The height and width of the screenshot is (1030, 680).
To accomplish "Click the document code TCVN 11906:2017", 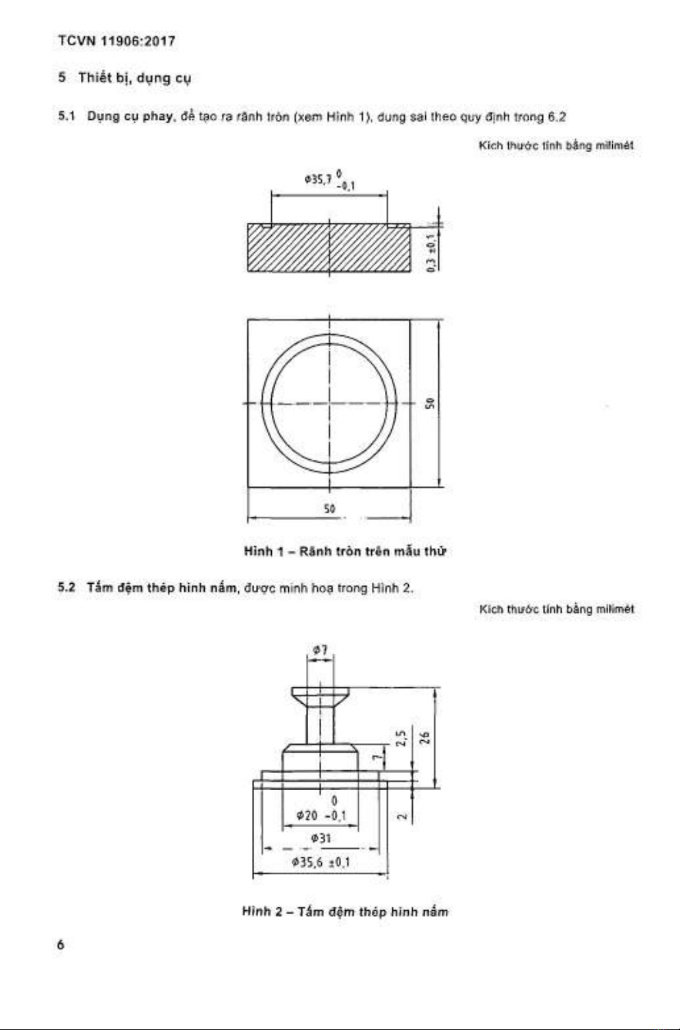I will coord(116,41).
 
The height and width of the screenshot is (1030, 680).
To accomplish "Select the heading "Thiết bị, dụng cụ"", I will coord(134,77).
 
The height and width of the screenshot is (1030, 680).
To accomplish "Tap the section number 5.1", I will coord(66,117).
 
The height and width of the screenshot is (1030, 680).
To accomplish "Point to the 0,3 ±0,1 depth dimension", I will coord(431,253).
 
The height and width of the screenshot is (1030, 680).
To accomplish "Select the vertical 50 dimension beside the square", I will coord(430,403).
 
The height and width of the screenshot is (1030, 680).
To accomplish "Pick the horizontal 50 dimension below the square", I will coord(329,508).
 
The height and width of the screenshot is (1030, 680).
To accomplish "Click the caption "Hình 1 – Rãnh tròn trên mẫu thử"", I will coord(345,551).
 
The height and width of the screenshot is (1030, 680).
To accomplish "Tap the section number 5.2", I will coord(66,588).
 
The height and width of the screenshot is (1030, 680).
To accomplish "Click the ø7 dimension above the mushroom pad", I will coord(319,648).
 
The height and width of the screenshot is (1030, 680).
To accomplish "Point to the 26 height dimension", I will coord(425,737).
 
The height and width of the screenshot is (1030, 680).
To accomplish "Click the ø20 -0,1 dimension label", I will coord(321,815).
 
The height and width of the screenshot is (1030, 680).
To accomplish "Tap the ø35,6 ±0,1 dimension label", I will coord(320,862).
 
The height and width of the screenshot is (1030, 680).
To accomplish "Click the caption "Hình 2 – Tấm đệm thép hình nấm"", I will coord(345,911).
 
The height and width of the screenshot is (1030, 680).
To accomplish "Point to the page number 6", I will coord(61,944).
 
